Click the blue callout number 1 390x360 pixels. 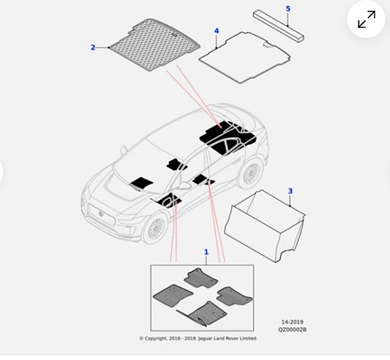coord(206,252)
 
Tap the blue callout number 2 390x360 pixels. coord(93,47)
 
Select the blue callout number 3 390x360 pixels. coord(290,191)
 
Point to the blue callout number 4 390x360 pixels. coord(216,31)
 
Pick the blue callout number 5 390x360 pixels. coord(288,9)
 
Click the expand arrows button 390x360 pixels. coord(366,19)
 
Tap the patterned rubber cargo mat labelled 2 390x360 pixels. coord(155,44)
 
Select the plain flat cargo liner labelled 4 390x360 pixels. coord(245,57)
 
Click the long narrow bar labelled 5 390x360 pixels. coord(279,26)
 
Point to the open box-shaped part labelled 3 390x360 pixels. coord(265,226)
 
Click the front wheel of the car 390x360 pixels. coord(155,228)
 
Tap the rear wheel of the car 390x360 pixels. coord(251,172)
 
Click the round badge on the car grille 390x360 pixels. coord(101,214)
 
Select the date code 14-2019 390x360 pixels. coord(292,322)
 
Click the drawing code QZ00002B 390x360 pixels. coord(292,329)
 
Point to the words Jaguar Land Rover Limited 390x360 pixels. coord(228,338)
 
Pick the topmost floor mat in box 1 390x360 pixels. coord(201,278)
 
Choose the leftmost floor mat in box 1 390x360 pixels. coord(173,296)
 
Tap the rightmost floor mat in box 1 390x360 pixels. coord(234,296)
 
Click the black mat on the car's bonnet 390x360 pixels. coord(141,183)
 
